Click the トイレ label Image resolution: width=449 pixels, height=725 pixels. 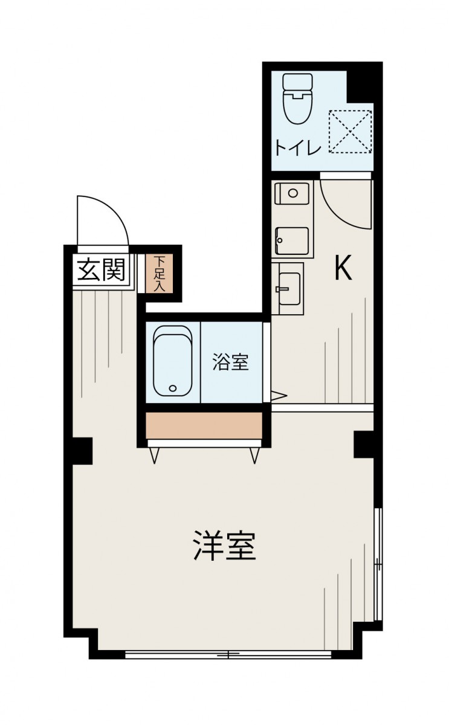coord(296,148)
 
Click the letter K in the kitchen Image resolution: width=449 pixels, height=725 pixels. coord(343,269)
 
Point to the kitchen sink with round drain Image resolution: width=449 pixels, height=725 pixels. coord(292,193)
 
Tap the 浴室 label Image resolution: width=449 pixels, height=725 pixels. coord(230,363)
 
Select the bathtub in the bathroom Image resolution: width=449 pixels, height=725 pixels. coord(173,361)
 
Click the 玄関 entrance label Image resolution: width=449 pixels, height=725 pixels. coord(101,271)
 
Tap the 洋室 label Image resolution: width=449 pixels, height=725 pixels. coord(225,546)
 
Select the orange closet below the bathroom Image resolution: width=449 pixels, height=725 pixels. coord(204,426)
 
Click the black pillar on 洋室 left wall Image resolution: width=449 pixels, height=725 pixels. coord(83,451)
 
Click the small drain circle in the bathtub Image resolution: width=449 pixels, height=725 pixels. coord(173,388)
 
